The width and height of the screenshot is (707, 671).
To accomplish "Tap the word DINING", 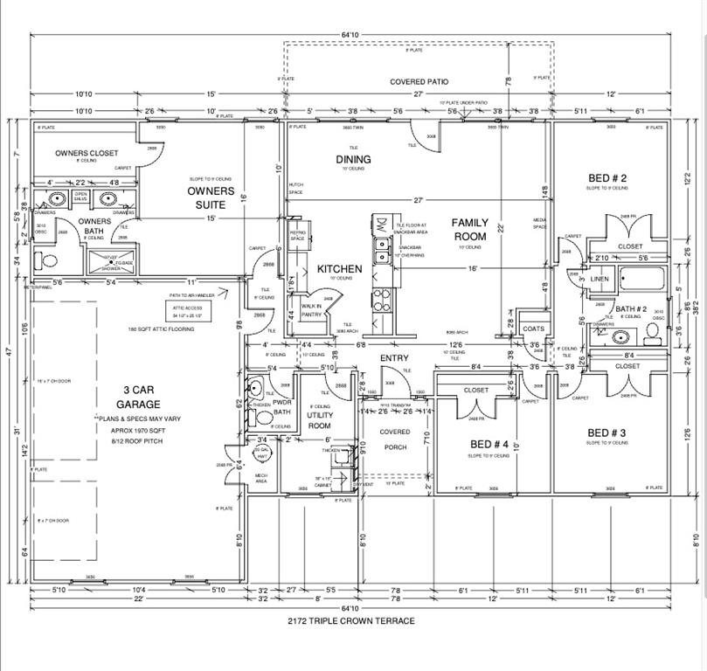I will click(353, 159).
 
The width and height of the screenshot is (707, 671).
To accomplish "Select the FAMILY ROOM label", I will click(469, 229).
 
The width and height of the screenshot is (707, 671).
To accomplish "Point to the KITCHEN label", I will click(339, 269).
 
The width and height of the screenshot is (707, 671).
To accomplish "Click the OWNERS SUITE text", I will click(211, 197).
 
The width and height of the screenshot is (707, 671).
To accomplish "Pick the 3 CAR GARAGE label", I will click(139, 398).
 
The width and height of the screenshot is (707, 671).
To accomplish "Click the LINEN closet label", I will click(600, 279).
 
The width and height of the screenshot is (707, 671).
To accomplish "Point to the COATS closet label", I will click(532, 329).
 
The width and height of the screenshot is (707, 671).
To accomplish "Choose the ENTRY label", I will click(394, 358).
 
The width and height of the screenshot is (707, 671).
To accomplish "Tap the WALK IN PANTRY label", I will click(312, 310).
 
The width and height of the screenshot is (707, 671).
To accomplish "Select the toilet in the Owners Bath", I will click(47, 259).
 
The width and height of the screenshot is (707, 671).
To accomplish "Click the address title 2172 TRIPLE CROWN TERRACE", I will click(351, 621).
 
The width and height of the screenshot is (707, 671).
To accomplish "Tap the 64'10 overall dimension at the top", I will click(350, 35).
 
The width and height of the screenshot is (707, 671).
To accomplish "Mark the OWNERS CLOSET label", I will click(87, 153).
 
